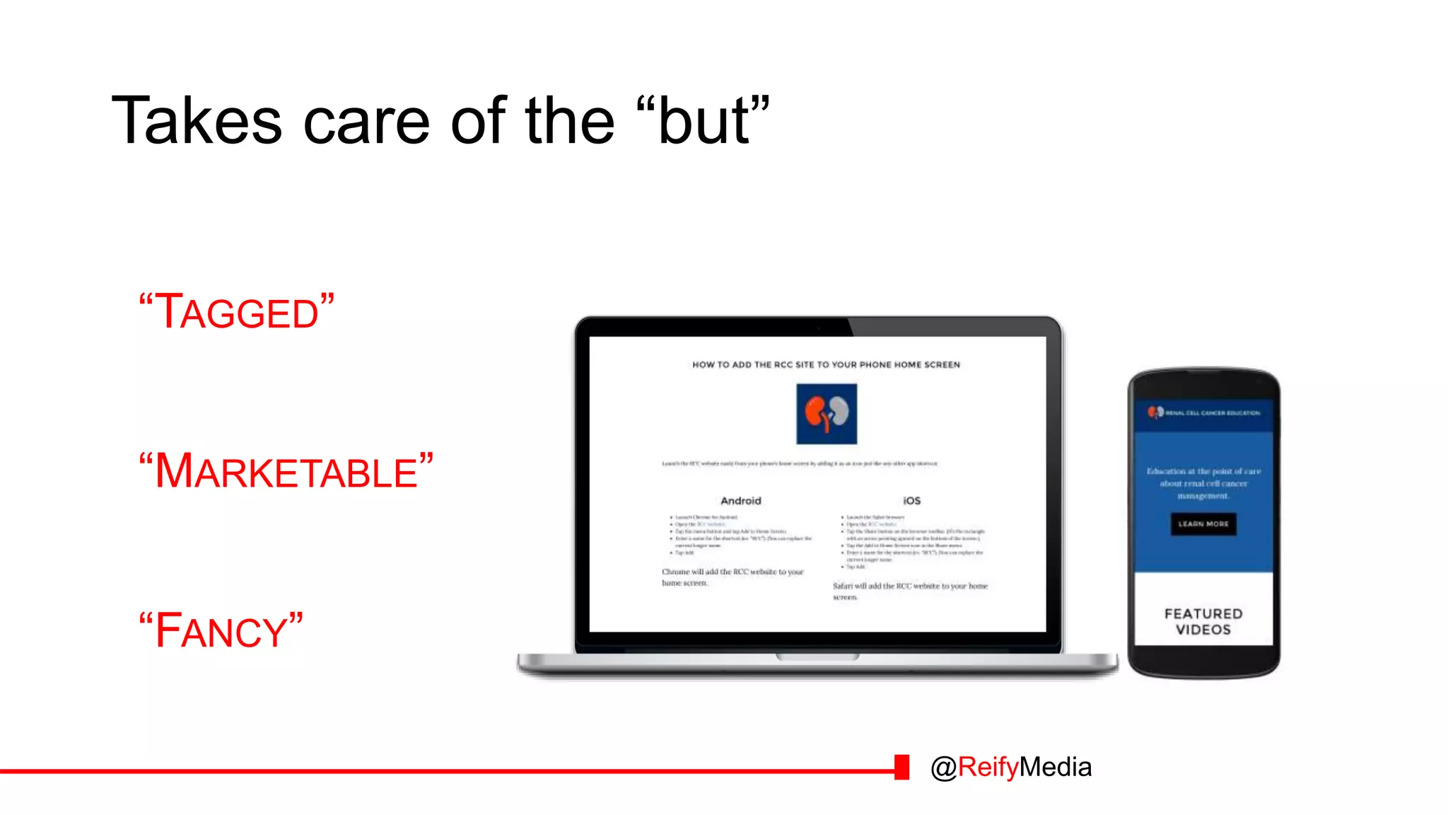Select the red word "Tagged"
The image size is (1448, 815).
coord(237,312)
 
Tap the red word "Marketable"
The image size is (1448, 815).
coord(286,472)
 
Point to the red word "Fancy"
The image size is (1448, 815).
coord(221,631)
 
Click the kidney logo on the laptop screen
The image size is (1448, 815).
coord(827,414)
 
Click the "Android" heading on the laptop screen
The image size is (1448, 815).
coord(741,501)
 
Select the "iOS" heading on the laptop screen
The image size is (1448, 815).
coord(911,501)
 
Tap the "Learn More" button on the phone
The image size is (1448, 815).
coord(1203,524)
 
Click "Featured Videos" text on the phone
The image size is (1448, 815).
coord(1203,622)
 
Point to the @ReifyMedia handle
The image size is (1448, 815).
coord(1011,768)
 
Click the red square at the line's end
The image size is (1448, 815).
coord(901,768)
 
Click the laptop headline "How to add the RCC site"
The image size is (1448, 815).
coord(826,365)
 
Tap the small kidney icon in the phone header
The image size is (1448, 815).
coord(1155,412)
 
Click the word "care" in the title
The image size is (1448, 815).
coord(366,122)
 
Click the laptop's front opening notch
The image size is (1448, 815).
coord(818,657)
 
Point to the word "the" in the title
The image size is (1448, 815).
coord(570,122)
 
